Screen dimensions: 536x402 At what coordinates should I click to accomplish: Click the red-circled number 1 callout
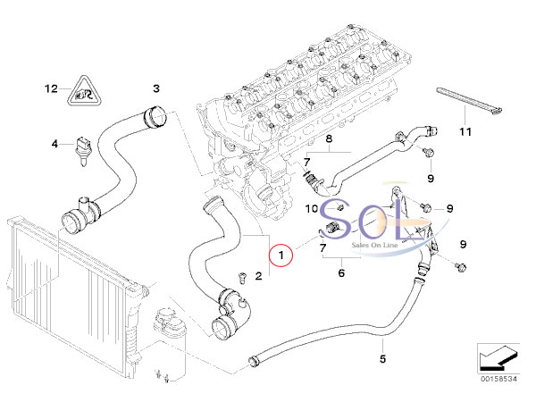(281, 255)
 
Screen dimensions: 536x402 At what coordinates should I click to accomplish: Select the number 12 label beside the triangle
(51, 88)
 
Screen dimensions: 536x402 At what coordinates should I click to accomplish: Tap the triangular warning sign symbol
(85, 92)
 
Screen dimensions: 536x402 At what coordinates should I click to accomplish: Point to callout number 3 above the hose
(156, 88)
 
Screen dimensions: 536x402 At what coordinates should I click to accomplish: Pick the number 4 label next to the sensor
(54, 144)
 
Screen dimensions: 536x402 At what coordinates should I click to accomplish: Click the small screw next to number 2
(242, 278)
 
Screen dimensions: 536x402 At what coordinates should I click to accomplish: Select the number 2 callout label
(258, 276)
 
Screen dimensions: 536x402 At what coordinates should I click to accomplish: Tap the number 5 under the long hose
(383, 358)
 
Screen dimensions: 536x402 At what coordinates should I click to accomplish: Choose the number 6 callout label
(341, 272)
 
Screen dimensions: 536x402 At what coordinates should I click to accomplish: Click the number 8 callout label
(329, 138)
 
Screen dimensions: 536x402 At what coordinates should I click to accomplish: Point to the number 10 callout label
(312, 208)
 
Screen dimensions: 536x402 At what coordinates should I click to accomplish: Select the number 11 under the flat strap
(465, 131)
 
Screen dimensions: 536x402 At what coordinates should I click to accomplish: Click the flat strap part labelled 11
(469, 102)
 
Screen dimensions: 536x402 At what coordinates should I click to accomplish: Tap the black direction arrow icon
(498, 359)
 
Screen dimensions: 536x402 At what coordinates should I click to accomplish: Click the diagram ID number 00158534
(499, 379)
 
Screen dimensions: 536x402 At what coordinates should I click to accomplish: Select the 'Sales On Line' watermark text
(374, 245)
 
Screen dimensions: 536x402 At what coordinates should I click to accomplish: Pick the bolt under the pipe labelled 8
(428, 152)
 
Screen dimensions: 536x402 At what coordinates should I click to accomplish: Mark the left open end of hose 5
(252, 361)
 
